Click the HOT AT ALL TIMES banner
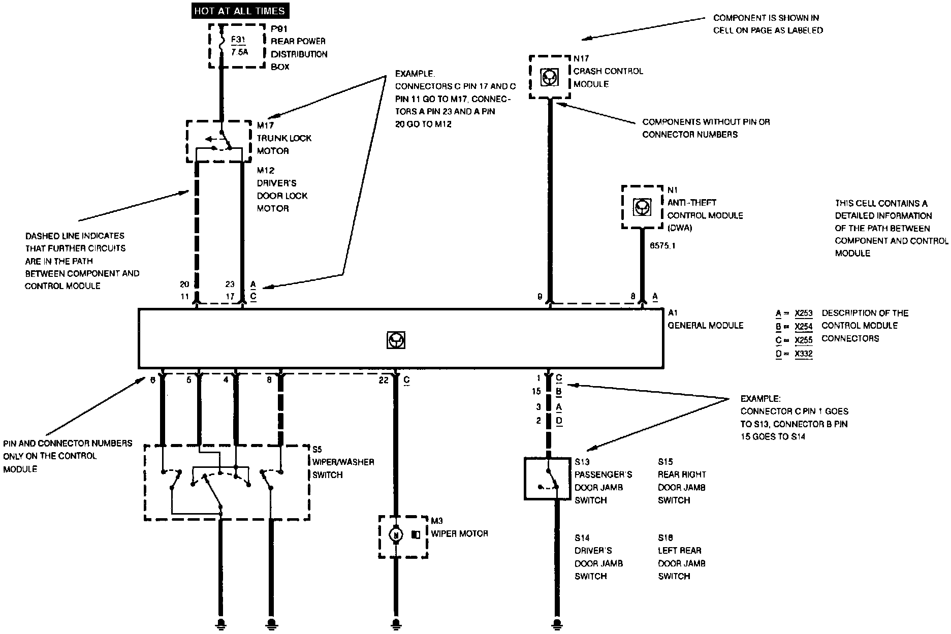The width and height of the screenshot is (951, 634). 240,11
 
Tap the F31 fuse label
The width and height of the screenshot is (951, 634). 237,39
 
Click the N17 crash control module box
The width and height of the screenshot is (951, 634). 550,77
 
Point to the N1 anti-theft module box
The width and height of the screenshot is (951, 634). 642,207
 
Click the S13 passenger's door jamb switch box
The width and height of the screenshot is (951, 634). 547,479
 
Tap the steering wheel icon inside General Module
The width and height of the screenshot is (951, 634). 396,340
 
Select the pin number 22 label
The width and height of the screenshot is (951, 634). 383,380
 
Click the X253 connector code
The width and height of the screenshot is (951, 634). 804,313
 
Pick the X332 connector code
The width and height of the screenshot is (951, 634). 804,354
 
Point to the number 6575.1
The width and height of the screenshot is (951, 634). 663,245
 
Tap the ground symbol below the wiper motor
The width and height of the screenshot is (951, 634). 396,623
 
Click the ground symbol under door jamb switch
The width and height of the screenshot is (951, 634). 557,623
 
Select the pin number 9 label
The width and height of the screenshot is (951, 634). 540,297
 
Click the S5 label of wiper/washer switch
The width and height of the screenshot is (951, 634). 317,450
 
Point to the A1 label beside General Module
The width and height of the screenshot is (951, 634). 673,313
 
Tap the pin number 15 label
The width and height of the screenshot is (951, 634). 536,392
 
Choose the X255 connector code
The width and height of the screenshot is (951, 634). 804,340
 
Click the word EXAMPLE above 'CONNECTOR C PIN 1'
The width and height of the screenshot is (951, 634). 760,399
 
